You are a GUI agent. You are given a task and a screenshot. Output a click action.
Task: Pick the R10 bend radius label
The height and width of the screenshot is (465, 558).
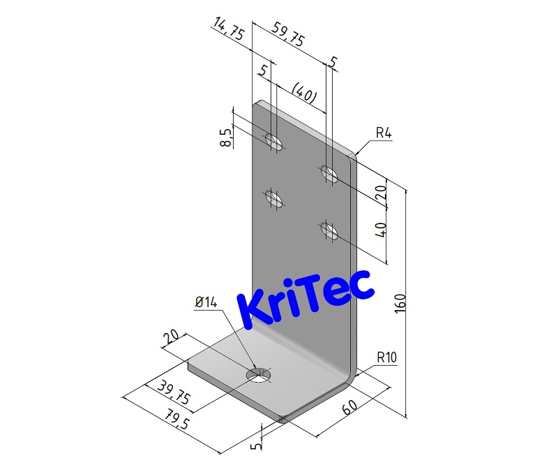point(386,358)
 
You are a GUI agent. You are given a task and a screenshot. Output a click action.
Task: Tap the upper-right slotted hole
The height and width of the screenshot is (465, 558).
point(329,172)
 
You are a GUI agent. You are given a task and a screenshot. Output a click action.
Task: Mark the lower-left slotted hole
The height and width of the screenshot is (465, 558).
point(275,198)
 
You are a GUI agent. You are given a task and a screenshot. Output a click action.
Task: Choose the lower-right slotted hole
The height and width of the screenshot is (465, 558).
point(329,230)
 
